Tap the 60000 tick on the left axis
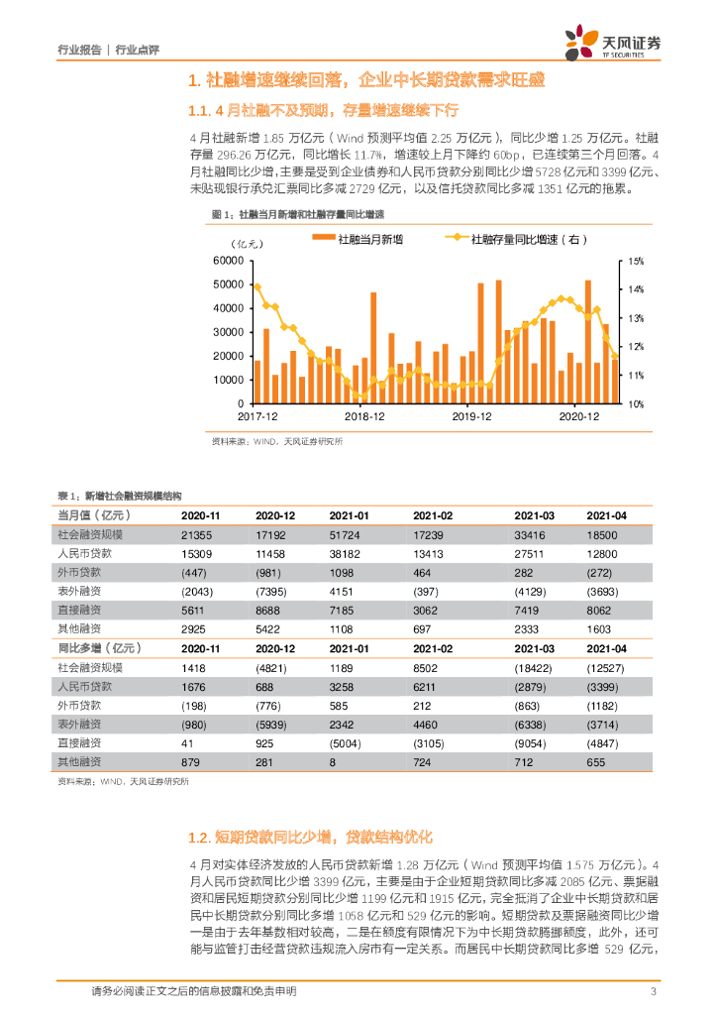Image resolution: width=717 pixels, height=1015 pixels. pyautogui.click(x=228, y=261)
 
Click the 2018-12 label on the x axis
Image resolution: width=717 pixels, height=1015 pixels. pyautogui.click(x=365, y=417)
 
